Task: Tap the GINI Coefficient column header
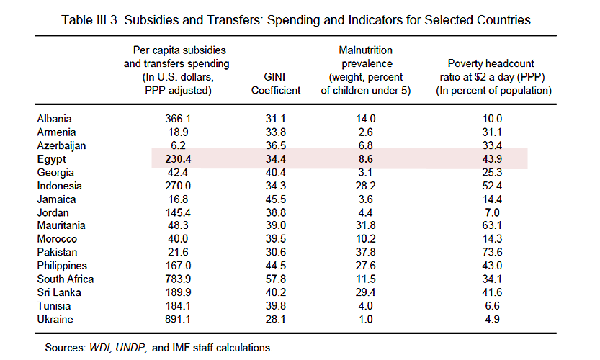pos(275,84)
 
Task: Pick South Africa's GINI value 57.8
pos(275,279)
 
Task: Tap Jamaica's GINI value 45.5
pos(275,199)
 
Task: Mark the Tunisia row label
pos(54,306)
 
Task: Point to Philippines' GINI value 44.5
pos(275,266)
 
